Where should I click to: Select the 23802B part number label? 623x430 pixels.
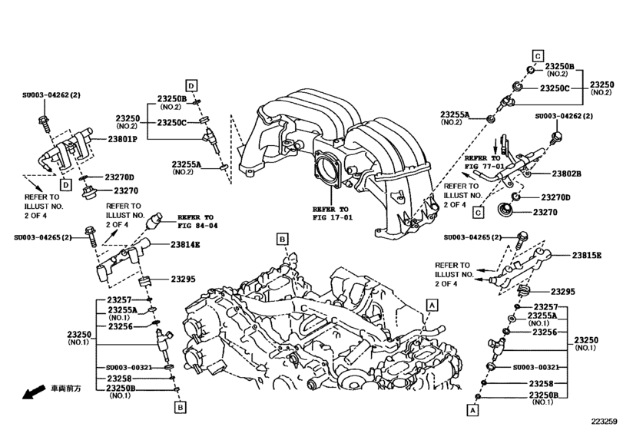[566, 174]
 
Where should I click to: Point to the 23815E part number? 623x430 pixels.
[586, 255]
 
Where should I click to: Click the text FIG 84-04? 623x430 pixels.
[198, 227]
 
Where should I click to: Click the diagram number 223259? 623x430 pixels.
[604, 422]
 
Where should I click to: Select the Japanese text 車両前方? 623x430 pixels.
[66, 389]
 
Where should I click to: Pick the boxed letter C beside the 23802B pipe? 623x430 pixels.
[477, 212]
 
